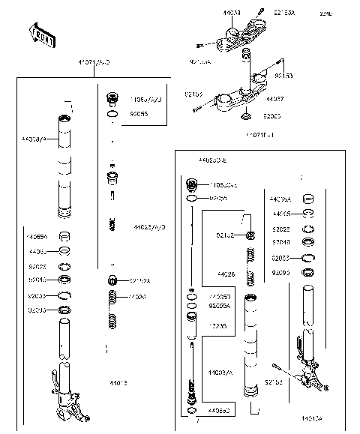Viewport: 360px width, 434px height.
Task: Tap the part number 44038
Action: click(x=211, y=13)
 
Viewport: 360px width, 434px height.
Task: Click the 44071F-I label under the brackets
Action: click(x=259, y=135)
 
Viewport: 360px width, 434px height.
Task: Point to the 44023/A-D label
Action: click(x=150, y=226)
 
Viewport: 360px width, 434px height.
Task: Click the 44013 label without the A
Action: click(x=118, y=382)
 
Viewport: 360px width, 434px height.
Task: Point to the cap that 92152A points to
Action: click(x=113, y=281)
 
